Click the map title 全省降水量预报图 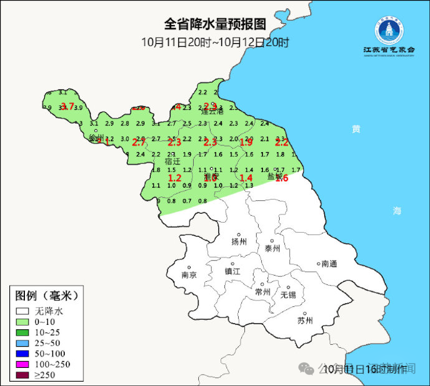(215, 24)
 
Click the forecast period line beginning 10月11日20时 (215, 42)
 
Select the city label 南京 (189, 274)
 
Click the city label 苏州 (305, 321)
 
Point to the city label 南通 (329, 264)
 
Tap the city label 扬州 (239, 241)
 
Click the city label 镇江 (232, 271)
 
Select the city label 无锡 (289, 294)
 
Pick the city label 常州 (263, 291)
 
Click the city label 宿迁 (172, 161)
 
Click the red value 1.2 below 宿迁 (174, 178)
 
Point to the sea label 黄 (355, 129)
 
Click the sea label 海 (397, 211)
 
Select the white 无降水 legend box (23, 311)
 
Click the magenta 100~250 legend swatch (23, 364)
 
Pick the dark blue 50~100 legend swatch (23, 354)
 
